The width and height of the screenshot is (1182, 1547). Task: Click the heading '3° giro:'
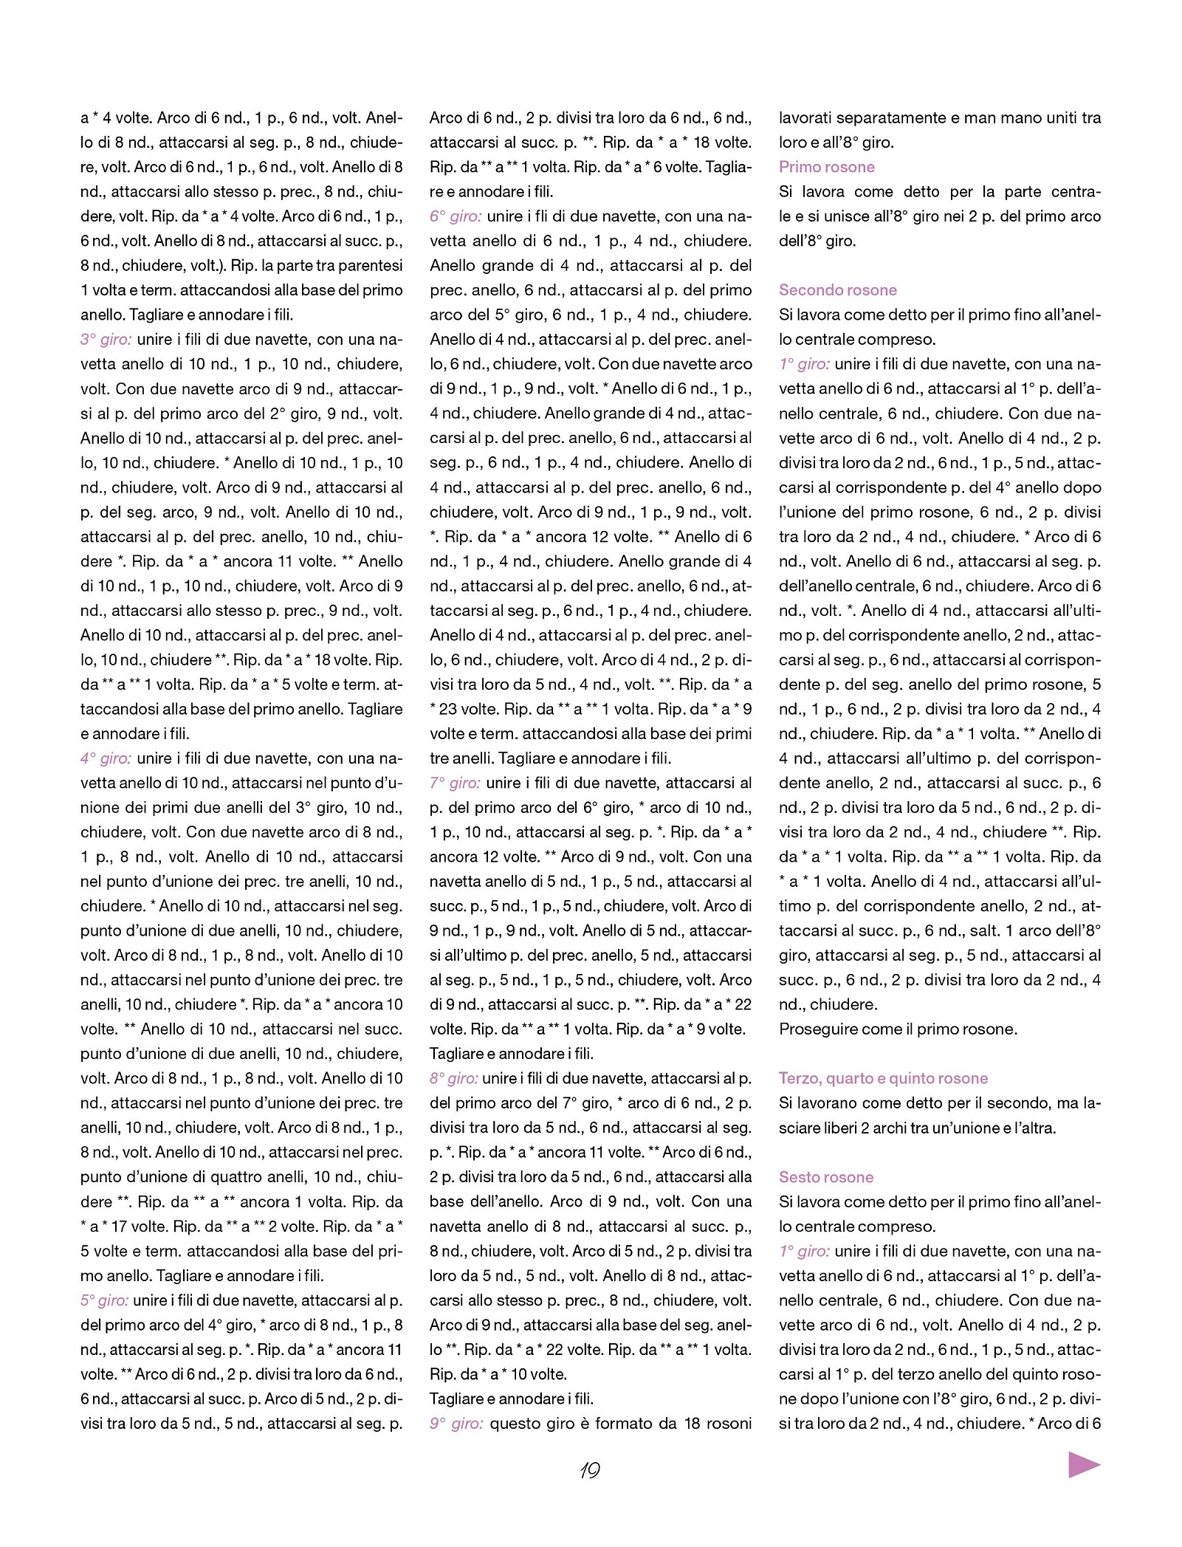coord(106,340)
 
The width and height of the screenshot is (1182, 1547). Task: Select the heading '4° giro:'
coord(106,758)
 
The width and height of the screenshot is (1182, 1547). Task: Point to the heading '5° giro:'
coord(104,1300)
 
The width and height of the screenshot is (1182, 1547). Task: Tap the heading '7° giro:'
coord(455,783)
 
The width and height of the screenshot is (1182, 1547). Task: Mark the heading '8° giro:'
coord(453,1079)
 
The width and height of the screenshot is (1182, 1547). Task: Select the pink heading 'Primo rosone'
coord(826,167)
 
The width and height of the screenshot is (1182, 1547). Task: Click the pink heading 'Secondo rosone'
coord(837,290)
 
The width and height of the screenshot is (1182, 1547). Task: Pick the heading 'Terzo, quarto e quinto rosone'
coord(883,1078)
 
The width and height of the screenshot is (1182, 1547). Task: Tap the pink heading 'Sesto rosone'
coord(825,1177)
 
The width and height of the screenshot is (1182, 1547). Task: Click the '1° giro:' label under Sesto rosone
coord(804,1251)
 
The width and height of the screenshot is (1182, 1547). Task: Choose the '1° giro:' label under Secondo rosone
coord(804,364)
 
